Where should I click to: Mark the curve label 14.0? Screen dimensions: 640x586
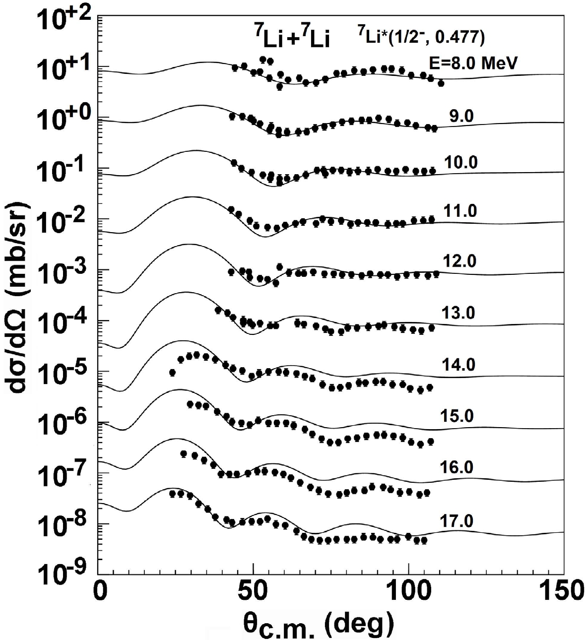[458, 365]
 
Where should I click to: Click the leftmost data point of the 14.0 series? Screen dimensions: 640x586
[172, 372]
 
